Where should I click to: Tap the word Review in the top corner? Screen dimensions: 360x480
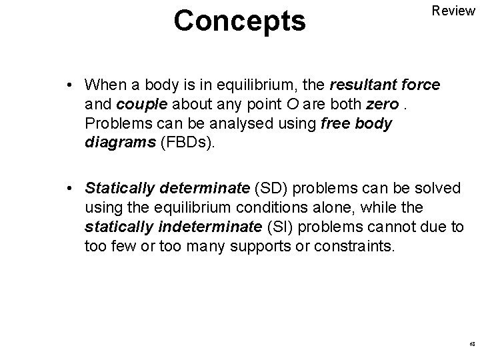453,11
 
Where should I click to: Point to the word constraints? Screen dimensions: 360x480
359,247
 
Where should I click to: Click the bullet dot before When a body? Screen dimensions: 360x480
70,86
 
